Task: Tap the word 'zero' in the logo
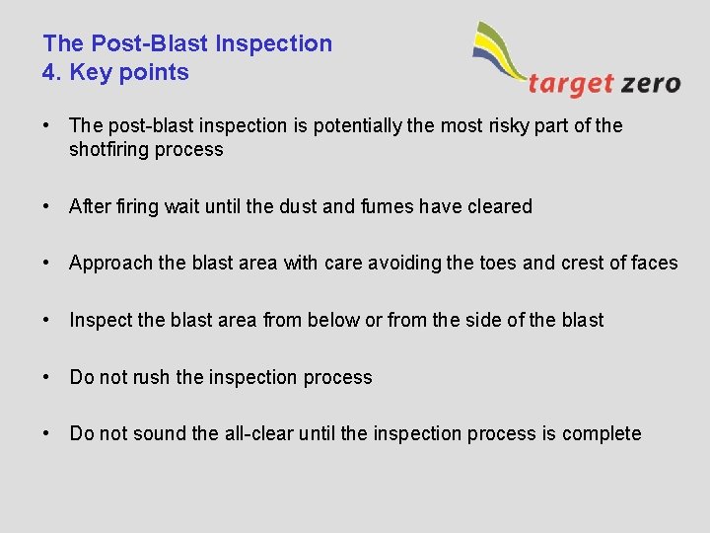click(x=651, y=83)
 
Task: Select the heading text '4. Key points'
click(x=115, y=72)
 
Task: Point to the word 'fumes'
click(x=385, y=206)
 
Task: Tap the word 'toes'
click(x=470, y=264)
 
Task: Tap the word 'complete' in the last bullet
click(x=602, y=433)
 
